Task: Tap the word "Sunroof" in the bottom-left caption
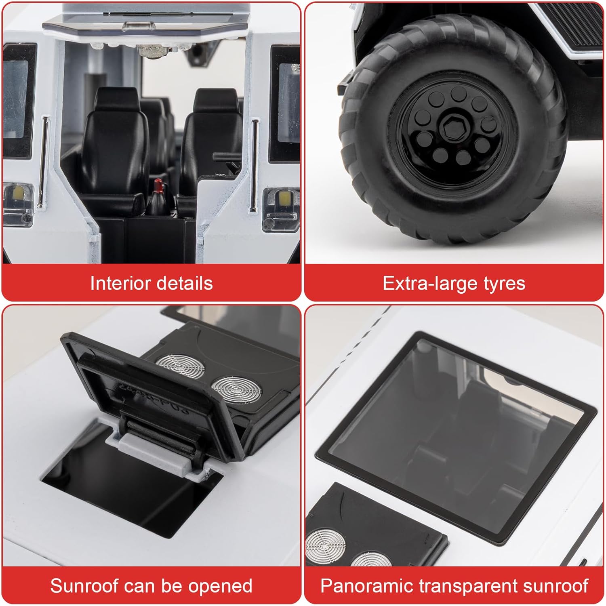tap(84, 586)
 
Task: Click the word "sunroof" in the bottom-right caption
tap(554, 586)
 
